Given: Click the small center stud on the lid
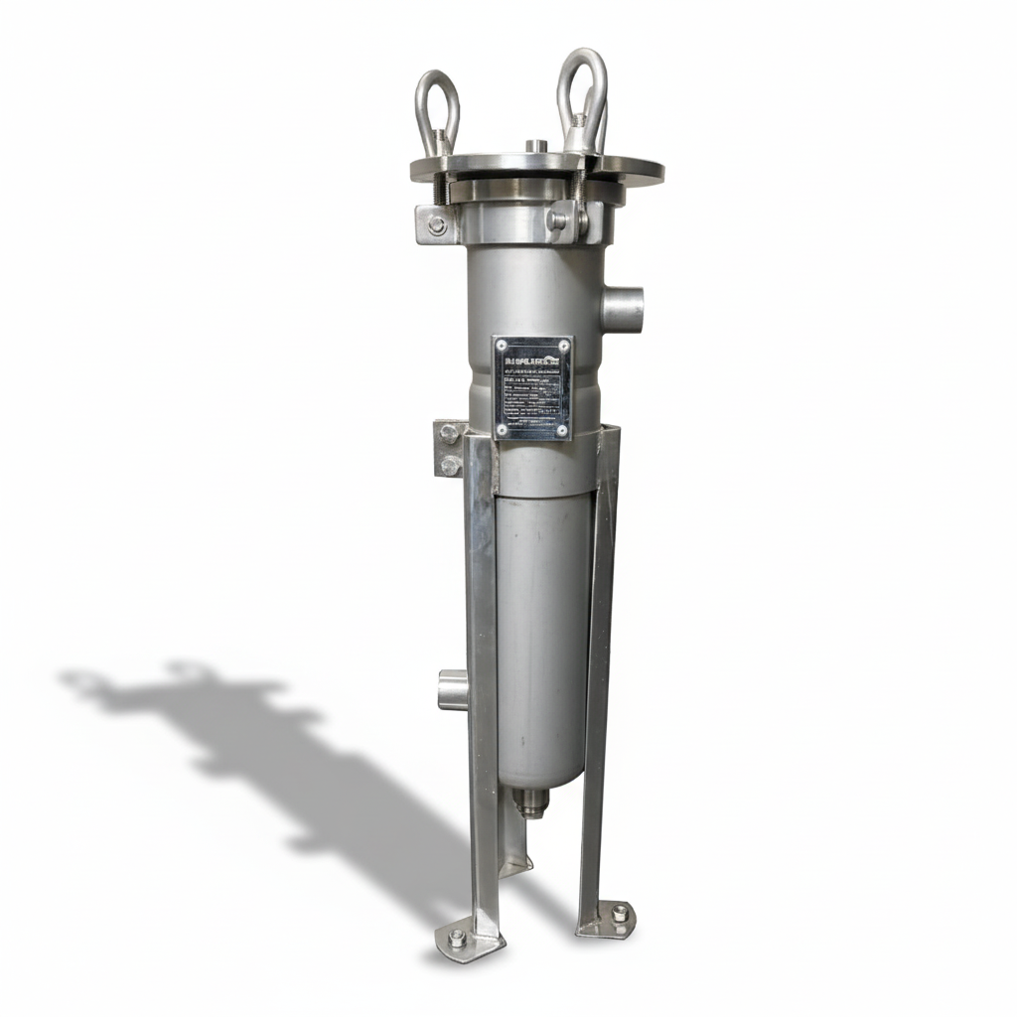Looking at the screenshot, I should point(536,147).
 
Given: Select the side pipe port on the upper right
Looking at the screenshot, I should point(623,308).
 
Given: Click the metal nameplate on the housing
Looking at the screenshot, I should point(532,387).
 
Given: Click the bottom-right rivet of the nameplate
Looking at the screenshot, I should point(562,430).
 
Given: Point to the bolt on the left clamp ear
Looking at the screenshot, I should point(437,225).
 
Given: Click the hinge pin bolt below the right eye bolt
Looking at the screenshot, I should point(558,220).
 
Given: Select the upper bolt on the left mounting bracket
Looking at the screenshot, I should point(449,434).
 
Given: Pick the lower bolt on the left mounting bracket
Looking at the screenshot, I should point(449,464).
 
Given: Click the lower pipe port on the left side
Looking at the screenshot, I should point(452,689).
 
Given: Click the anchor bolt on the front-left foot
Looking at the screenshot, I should point(457,937).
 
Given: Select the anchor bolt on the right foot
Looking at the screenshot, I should point(620,912).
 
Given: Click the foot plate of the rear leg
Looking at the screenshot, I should point(515,864).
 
